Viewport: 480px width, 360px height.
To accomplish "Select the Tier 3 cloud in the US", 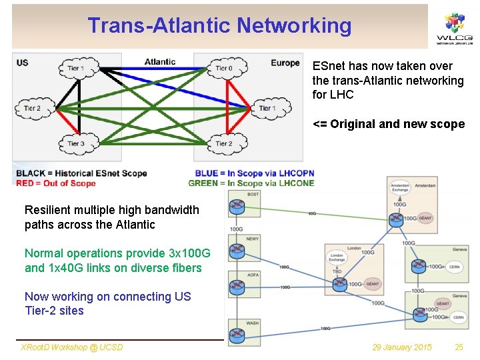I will pos(76,143).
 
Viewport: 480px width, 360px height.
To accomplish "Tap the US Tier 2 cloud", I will pos(32,108).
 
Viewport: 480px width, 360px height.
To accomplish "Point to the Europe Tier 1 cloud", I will pos(267,108).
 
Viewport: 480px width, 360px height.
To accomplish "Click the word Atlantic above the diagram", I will pos(160,62).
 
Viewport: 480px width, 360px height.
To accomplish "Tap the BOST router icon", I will pos(236,207).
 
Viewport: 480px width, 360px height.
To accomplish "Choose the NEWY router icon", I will pos(236,251).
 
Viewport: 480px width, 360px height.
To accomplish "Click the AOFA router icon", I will pos(236,287).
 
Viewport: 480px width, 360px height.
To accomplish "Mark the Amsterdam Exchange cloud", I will pos(399,187).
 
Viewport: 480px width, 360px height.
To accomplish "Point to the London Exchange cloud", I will pos(337,257).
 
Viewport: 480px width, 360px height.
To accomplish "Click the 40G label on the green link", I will pos(313,214).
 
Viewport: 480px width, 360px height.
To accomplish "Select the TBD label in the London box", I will pos(337,272).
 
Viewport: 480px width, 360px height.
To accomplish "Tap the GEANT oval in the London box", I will pos(372,284).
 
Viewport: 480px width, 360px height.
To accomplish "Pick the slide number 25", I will pos(459,347).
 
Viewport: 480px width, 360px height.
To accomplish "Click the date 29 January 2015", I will pos(402,347).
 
